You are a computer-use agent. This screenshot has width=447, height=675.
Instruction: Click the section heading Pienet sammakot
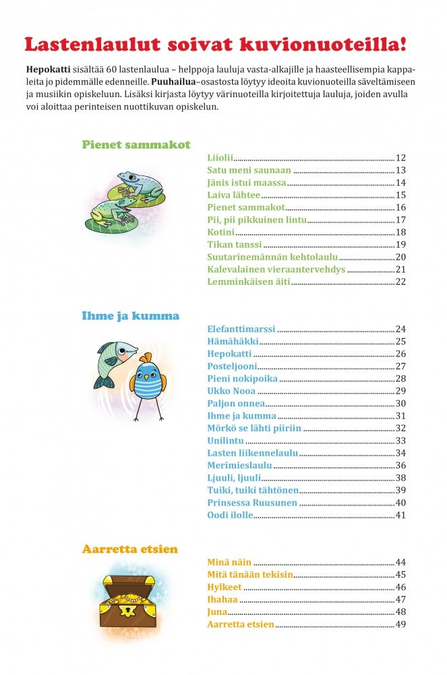pyautogui.click(x=136, y=144)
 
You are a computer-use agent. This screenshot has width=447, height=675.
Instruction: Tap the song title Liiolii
pyautogui.click(x=220, y=157)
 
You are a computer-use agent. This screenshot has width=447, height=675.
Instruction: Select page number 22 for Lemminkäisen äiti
pyautogui.click(x=400, y=281)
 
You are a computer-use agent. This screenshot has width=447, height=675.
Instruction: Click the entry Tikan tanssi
pyautogui.click(x=234, y=244)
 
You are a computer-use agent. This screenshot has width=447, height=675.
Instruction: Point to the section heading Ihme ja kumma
pyautogui.click(x=130, y=316)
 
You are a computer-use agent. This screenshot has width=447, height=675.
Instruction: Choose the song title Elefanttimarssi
pyautogui.click(x=241, y=329)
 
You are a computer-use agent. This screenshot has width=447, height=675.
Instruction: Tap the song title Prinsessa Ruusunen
pyautogui.click(x=251, y=502)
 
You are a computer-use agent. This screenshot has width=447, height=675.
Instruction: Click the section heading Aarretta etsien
pyautogui.click(x=130, y=549)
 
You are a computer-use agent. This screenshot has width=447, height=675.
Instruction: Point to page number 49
pyautogui.click(x=400, y=624)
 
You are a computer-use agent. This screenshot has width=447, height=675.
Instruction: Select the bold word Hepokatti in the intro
pyautogui.click(x=48, y=70)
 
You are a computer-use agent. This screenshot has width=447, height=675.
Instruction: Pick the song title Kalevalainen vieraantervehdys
pyautogui.click(x=276, y=269)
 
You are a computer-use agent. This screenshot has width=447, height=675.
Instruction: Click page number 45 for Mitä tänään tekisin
pyautogui.click(x=400, y=574)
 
